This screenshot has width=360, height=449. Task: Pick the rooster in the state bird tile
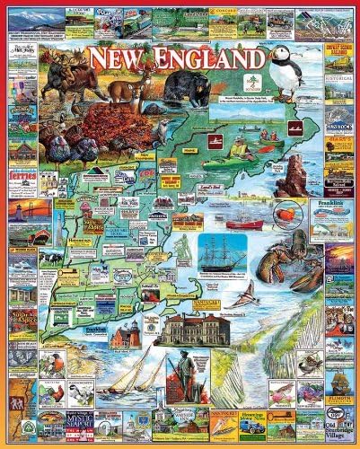point(55,392)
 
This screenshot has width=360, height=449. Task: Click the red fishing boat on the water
point(244,224)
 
